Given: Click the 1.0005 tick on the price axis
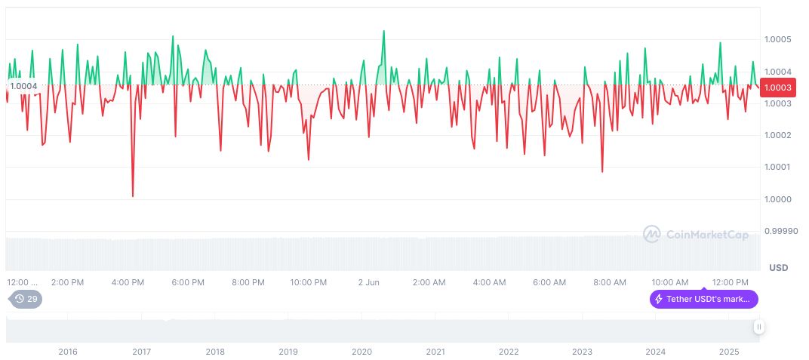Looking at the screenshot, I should [x=777, y=39].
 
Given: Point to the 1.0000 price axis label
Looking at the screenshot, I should [x=777, y=199].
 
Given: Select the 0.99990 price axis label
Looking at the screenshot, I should [x=778, y=231].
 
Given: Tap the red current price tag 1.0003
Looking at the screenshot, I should [x=777, y=88].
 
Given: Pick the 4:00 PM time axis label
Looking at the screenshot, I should [x=128, y=282].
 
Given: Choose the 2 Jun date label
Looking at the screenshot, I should [x=369, y=282].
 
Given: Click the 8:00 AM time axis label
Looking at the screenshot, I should [x=610, y=282].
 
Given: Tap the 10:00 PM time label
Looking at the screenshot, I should [x=309, y=282].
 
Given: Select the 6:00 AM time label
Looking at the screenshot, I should [x=549, y=282].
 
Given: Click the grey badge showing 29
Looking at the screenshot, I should [x=27, y=300].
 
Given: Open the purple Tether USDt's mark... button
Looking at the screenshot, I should [x=703, y=300].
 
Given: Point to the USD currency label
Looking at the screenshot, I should [x=778, y=268].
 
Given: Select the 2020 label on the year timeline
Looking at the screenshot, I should [x=361, y=352].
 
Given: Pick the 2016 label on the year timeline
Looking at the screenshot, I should [x=68, y=352].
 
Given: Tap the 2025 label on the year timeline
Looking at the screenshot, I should [x=728, y=352].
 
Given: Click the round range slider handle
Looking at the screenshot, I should [x=758, y=327].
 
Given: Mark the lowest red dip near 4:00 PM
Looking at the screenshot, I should [x=133, y=196].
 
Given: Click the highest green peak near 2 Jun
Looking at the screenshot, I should [x=384, y=31].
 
